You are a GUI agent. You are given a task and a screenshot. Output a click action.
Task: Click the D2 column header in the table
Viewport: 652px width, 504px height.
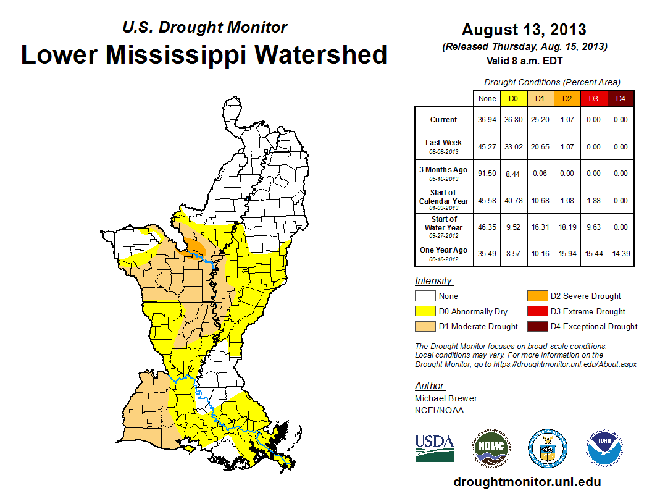point(567,98)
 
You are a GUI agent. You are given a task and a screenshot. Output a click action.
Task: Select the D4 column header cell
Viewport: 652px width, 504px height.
point(621,98)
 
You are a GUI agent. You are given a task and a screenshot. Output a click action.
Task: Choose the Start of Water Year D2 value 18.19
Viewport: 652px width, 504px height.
point(567,227)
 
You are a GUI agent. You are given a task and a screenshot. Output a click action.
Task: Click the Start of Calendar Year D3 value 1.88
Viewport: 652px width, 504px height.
point(593,201)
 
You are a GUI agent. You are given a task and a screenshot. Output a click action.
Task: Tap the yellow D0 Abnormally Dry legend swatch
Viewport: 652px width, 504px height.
point(425,311)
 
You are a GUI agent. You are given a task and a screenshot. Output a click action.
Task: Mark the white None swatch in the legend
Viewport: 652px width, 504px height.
point(425,296)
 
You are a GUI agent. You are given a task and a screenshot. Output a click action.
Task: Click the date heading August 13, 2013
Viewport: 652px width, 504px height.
point(524,30)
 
